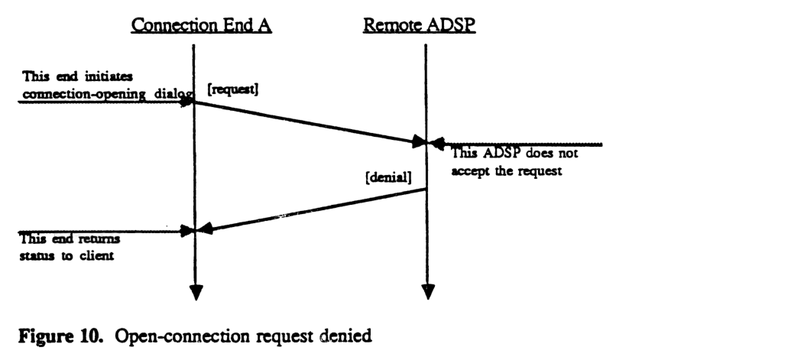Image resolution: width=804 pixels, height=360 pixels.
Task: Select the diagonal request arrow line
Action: point(306,122)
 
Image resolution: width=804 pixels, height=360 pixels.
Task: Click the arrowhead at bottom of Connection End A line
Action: point(196,292)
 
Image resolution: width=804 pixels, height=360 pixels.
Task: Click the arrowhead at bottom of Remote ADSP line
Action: point(428,292)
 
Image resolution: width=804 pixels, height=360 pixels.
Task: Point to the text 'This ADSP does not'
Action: point(514,154)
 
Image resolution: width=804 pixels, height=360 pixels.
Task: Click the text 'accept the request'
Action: point(507,170)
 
